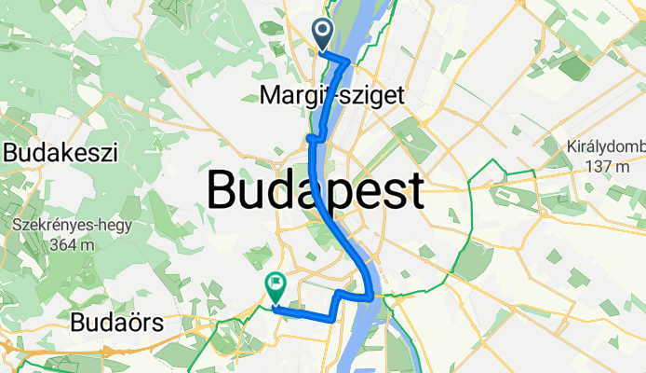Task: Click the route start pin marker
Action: pyautogui.click(x=323, y=34)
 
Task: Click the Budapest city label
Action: pyautogui.click(x=316, y=190)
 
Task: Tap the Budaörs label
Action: pyautogui.click(x=117, y=324)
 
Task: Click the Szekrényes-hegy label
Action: pyautogui.click(x=73, y=225)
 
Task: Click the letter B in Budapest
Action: pyautogui.click(x=223, y=190)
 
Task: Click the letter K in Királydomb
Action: pyautogui.click(x=572, y=147)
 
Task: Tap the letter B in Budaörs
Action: pyautogui.click(x=77, y=324)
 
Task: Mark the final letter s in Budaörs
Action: pyautogui.click(x=157, y=324)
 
